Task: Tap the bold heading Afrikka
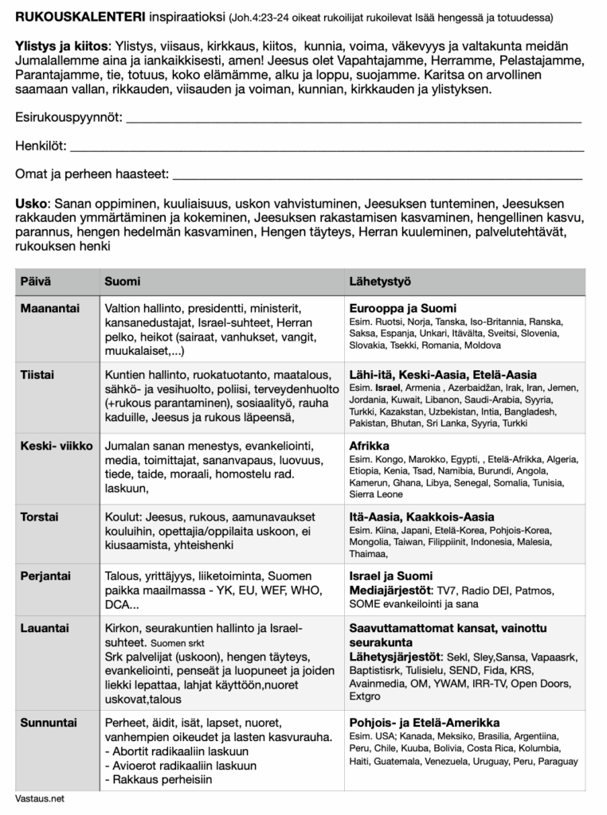[370, 446]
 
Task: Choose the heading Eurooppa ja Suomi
[402, 308]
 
